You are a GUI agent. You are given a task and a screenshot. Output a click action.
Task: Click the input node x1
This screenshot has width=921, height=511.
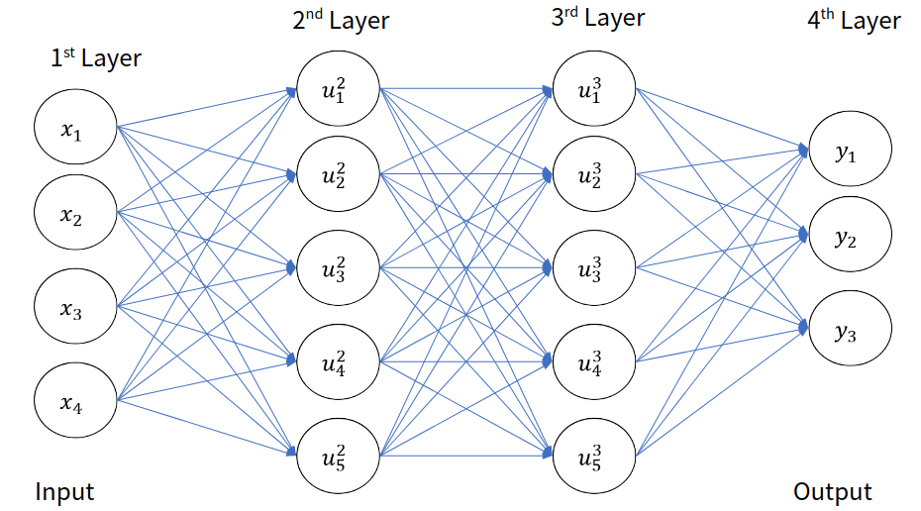pyautogui.click(x=75, y=127)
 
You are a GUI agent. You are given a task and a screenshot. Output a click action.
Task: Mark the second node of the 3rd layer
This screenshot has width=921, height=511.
pyautogui.click(x=593, y=175)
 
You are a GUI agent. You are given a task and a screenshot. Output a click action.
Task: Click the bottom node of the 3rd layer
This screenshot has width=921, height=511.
pyautogui.click(x=593, y=455)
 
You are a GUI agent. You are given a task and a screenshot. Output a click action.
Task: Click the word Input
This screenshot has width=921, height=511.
pyautogui.click(x=64, y=491)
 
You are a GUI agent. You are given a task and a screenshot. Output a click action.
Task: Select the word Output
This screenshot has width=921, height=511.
pyautogui.click(x=832, y=491)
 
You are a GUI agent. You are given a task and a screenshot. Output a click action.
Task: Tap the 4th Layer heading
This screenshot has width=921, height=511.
pyautogui.click(x=854, y=21)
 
